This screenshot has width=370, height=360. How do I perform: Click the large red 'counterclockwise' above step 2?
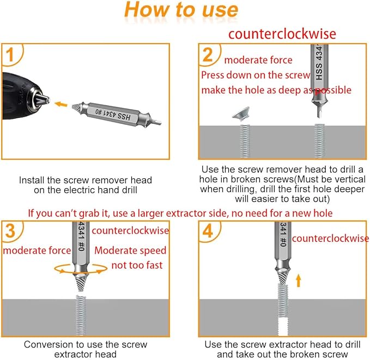282,34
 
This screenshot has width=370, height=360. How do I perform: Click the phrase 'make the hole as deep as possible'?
276,90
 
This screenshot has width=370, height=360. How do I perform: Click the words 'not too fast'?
137,265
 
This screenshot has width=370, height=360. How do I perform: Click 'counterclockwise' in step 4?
330,239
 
